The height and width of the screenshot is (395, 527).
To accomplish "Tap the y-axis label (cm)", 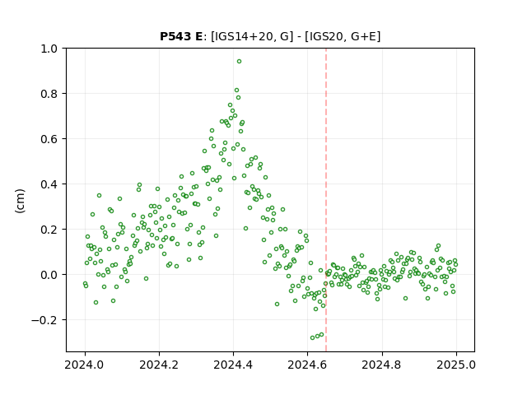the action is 20,201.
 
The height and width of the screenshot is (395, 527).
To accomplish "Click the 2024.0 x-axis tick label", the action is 85,365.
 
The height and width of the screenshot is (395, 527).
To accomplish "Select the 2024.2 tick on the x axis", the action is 159,365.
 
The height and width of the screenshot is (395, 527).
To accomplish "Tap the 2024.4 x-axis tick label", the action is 233,365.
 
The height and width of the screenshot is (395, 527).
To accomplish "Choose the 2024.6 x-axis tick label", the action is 307,365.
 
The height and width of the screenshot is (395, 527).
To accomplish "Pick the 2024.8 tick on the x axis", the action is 381,365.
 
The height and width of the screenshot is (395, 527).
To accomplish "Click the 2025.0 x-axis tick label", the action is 456,365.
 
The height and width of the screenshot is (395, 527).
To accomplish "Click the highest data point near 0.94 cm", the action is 239,62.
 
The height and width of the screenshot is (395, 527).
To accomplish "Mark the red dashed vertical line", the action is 326,200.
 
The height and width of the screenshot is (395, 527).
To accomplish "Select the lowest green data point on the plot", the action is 313,337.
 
